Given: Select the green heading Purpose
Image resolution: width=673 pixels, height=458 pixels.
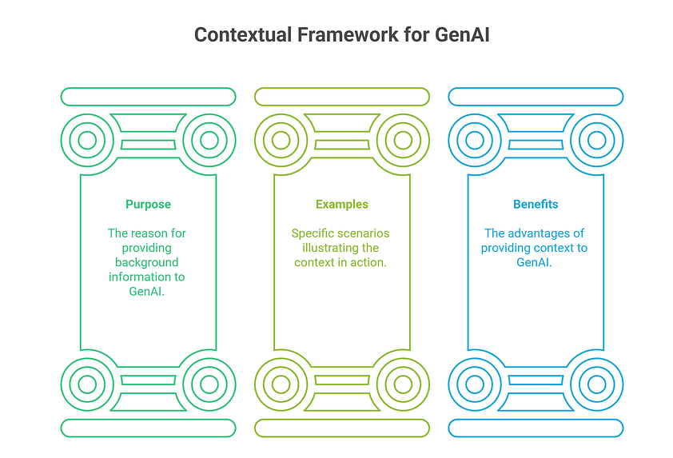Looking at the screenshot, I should pyautogui.click(x=148, y=205).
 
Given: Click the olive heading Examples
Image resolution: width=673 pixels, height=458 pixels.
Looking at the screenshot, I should pyautogui.click(x=342, y=205).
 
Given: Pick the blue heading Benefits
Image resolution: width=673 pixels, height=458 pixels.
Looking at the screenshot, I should pyautogui.click(x=536, y=205).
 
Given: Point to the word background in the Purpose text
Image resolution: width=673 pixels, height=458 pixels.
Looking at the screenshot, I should pyautogui.click(x=146, y=262).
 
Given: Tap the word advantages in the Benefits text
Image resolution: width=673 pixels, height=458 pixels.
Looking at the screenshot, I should pyautogui.click(x=545, y=233).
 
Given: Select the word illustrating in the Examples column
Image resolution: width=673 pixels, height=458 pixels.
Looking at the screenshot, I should pyautogui.click(x=324, y=248).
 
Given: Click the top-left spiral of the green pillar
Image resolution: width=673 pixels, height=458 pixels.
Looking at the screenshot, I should pyautogui.click(x=87, y=141).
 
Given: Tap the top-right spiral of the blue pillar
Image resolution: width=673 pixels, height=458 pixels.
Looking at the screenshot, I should pyautogui.click(x=596, y=141).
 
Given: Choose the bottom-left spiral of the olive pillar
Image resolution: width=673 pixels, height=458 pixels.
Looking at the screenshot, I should pyautogui.click(x=281, y=384).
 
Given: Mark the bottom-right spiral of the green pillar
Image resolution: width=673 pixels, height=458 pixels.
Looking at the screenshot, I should pyautogui.click(x=209, y=384).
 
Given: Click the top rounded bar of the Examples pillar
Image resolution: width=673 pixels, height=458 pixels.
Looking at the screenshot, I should pyautogui.click(x=342, y=97).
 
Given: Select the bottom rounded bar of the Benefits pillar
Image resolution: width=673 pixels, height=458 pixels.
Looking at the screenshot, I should pyautogui.click(x=536, y=428).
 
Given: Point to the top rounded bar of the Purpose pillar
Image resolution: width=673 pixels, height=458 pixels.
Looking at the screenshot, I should pyautogui.click(x=148, y=97).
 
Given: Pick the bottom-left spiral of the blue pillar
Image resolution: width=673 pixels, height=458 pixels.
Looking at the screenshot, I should pyautogui.click(x=474, y=384).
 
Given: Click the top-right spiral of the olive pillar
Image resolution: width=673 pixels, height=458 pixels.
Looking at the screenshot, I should pyautogui.click(x=403, y=141).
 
